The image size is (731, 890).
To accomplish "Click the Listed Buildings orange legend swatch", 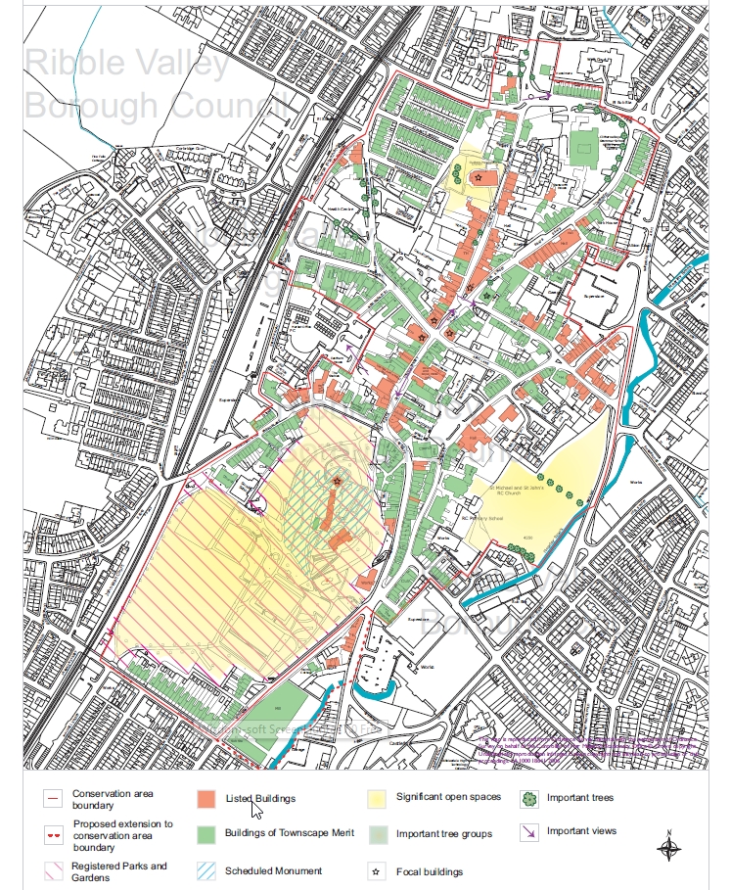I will pyautogui.click(x=206, y=799).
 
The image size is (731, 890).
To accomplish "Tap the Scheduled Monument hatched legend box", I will pyautogui.click(x=206, y=870).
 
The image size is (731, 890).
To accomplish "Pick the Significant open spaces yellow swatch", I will pyautogui.click(x=378, y=799).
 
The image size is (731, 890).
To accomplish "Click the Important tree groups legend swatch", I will pyautogui.click(x=378, y=834).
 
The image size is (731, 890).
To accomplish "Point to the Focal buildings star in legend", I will pyautogui.click(x=376, y=870).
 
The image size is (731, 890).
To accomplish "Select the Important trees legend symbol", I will pyautogui.click(x=529, y=799).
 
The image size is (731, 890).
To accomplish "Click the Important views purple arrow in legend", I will pyautogui.click(x=529, y=833).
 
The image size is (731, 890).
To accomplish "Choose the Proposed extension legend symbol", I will pyautogui.click(x=54, y=835).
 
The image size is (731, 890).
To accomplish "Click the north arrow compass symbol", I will pyautogui.click(x=668, y=846).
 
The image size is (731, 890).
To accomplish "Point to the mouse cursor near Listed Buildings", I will pyautogui.click(x=255, y=808).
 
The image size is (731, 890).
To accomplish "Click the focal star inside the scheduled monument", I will pyautogui.click(x=337, y=481).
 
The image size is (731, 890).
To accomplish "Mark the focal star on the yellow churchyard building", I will pyautogui.click(x=478, y=177).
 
